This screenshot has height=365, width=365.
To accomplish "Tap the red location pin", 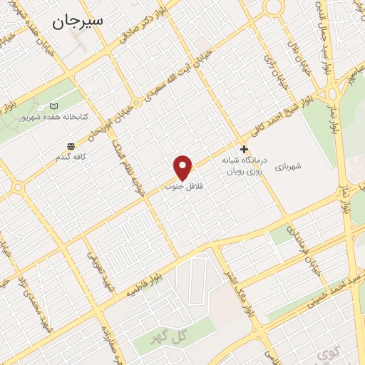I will pyautogui.click(x=183, y=167).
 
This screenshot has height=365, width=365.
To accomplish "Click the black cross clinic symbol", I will pyautogui.click(x=244, y=150).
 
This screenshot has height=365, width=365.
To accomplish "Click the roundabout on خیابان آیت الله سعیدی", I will pyautogui.click(x=135, y=102).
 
